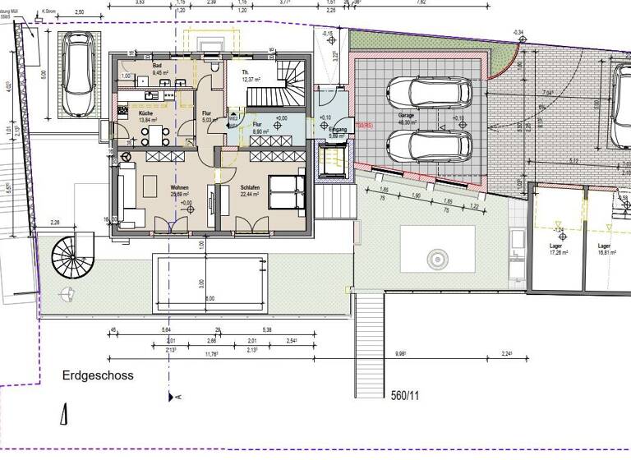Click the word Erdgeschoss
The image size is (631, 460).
(x=98, y=375)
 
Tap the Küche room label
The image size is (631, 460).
(x=127, y=114)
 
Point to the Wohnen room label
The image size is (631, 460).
(x=179, y=188)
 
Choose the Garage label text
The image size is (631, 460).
(x=406, y=116)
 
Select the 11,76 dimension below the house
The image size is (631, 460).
(x=211, y=355)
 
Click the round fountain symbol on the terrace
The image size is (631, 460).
(x=433, y=258)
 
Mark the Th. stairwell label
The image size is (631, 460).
(x=245, y=73)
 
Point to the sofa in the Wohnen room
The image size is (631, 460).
(x=128, y=195)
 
